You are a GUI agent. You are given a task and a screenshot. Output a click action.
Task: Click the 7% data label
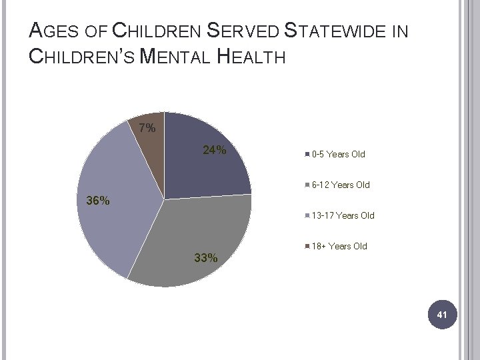pos(147,127)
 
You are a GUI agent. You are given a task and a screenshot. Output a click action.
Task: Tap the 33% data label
pos(205,258)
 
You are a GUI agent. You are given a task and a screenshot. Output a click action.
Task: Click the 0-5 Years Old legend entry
pos(338,155)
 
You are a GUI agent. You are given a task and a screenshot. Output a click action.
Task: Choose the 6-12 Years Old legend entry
pos(340,185)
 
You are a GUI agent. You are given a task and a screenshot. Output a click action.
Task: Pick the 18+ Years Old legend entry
pos(339,246)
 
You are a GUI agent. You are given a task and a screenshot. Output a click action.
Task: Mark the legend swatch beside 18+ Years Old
pos(307,246)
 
